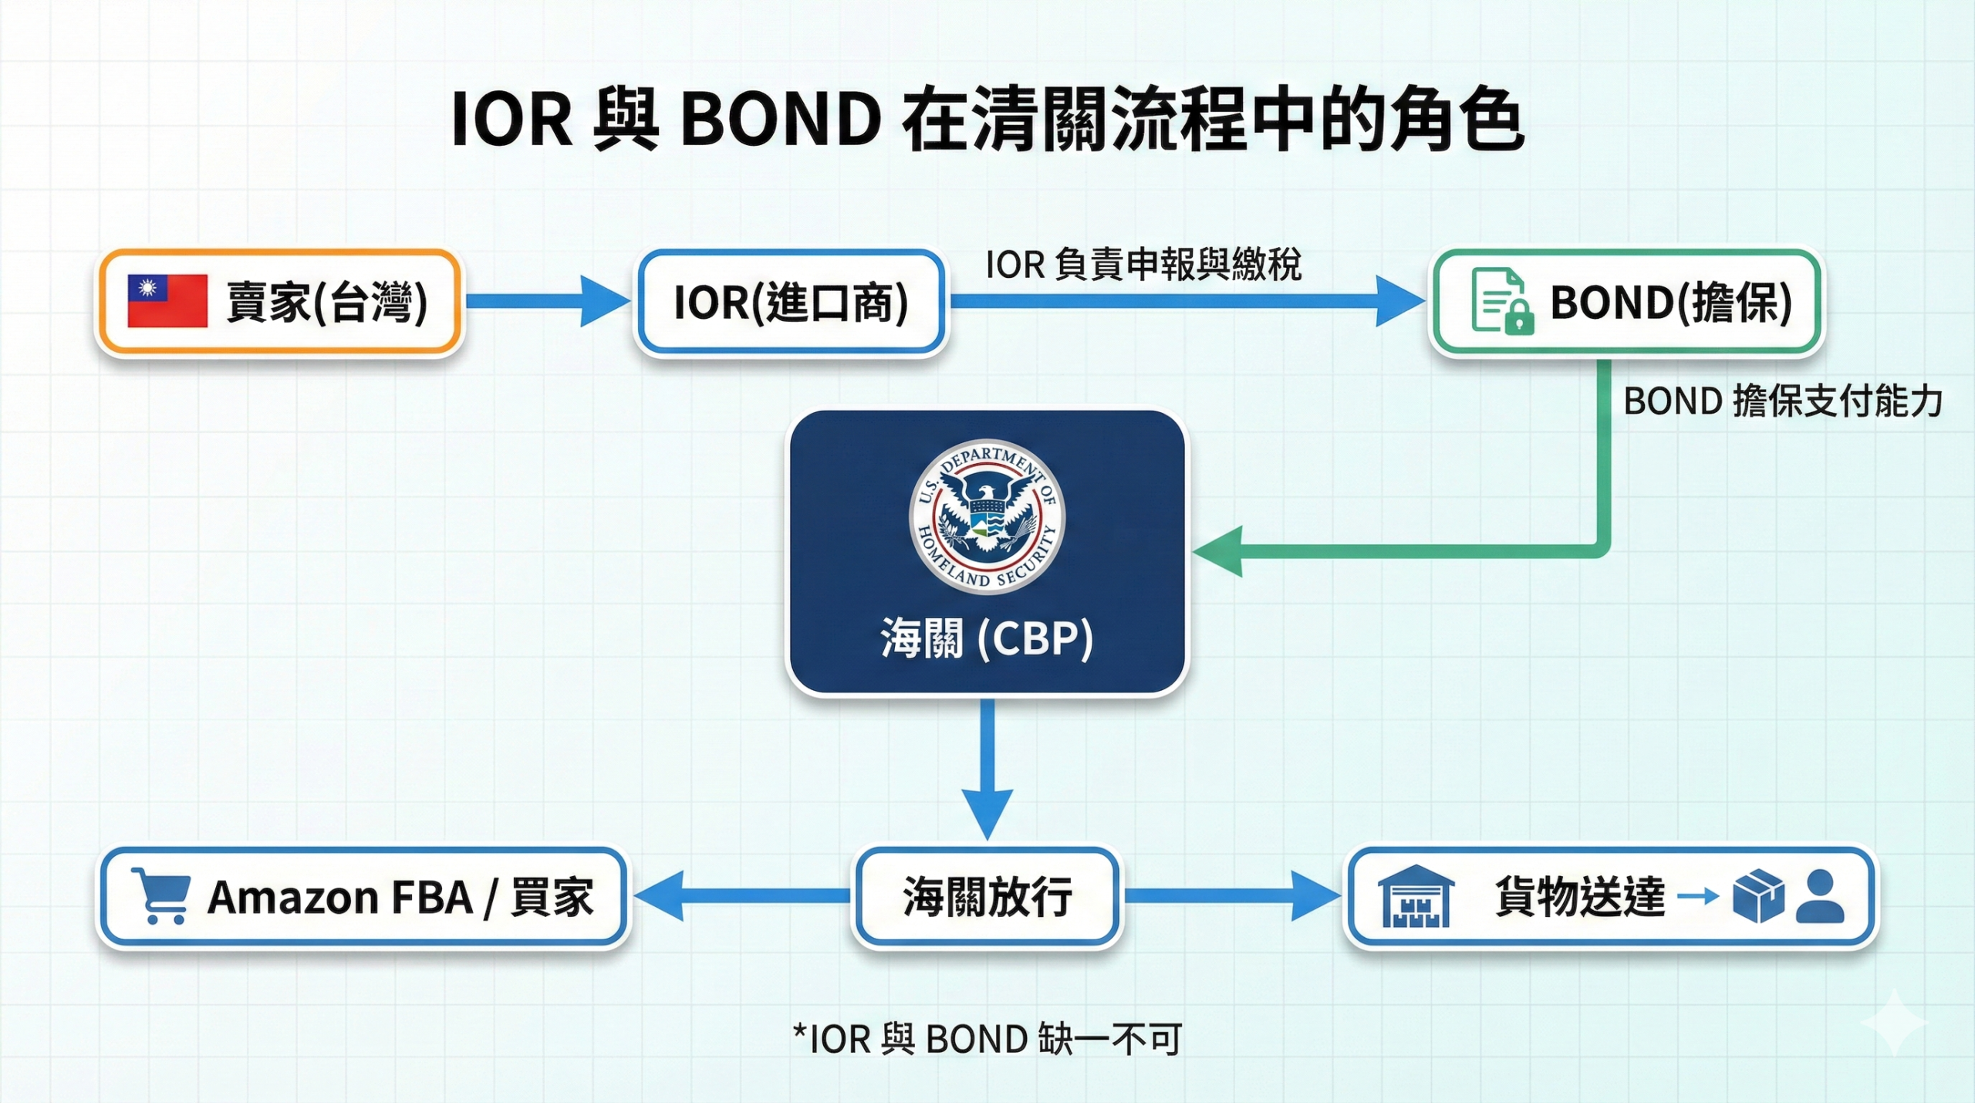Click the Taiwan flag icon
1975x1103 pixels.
pyautogui.click(x=167, y=301)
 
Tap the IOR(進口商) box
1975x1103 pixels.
pyautogui.click(x=791, y=302)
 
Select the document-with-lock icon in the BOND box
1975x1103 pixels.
pyautogui.click(x=1501, y=301)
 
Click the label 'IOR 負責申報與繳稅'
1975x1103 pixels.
pyautogui.click(x=1143, y=265)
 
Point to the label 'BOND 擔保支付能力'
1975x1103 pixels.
pyautogui.click(x=1782, y=401)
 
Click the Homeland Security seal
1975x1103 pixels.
pyautogui.click(x=987, y=516)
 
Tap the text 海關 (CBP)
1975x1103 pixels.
pyautogui.click(x=987, y=638)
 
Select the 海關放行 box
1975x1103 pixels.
pyautogui.click(x=987, y=897)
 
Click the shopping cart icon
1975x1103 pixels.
pyautogui.click(x=161, y=895)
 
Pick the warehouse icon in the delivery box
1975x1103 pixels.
pyautogui.click(x=1416, y=897)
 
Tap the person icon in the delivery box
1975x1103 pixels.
pyautogui.click(x=1820, y=897)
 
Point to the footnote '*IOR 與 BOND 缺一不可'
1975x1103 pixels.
pyautogui.click(x=987, y=1039)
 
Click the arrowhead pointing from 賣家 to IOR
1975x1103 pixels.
pyautogui.click(x=603, y=301)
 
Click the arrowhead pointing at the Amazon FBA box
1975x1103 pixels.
pyautogui.click(x=660, y=896)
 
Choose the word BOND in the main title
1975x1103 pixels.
pyautogui.click(x=780, y=120)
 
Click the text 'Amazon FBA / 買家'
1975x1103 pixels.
pyautogui.click(x=400, y=897)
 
